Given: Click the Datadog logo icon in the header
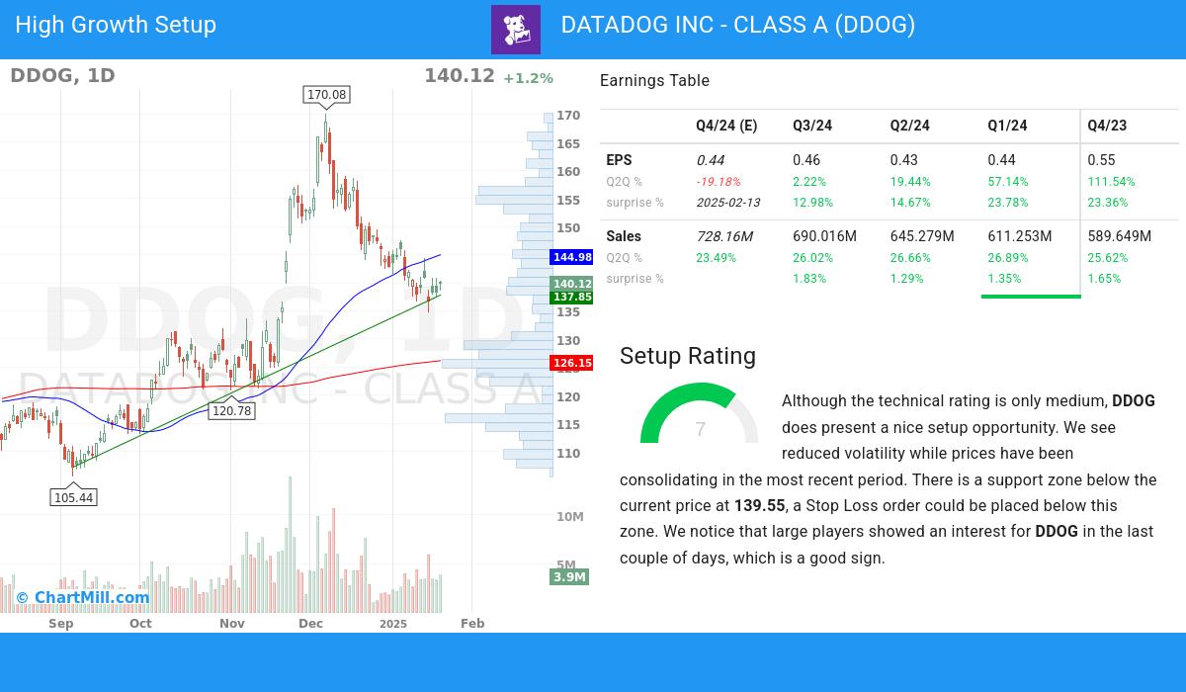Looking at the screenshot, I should (516, 30).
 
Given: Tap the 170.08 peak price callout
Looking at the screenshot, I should (326, 95).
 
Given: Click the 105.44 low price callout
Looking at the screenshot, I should (74, 497).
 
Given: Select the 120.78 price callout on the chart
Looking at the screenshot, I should (231, 411).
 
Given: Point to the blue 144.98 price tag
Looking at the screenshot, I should (572, 257).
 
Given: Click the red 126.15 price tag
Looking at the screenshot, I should (572, 363).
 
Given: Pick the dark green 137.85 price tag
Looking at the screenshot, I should (572, 297).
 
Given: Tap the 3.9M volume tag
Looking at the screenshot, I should (569, 576).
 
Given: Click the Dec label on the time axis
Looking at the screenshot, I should (310, 624).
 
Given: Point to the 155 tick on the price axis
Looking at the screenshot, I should (568, 200).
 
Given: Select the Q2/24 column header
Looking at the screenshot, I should (909, 126).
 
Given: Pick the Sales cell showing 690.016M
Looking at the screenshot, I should (824, 236).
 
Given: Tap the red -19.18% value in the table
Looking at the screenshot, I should (718, 182).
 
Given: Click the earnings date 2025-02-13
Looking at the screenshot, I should (729, 203).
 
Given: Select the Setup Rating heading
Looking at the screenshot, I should (687, 356).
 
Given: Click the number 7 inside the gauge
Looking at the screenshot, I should (700, 429).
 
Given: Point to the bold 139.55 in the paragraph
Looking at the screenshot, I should (759, 506).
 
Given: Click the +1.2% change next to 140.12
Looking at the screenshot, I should (528, 78).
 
